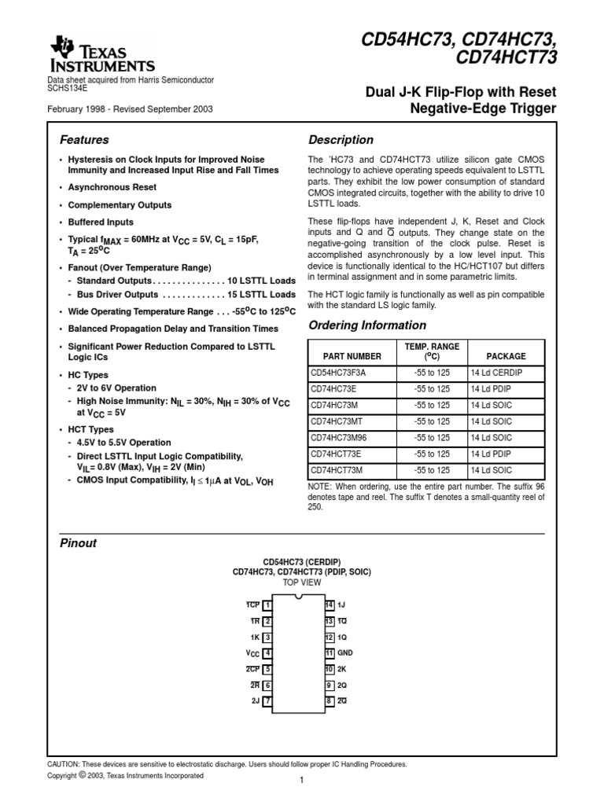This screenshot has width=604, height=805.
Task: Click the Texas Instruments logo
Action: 102,55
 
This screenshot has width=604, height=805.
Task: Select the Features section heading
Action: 84,140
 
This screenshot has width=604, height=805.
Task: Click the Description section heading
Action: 340,140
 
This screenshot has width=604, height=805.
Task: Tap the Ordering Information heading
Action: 366,325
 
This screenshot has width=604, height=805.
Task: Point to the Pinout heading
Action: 79,543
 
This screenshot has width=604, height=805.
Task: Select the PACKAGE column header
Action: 506,356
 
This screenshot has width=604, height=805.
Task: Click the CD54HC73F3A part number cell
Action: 338,373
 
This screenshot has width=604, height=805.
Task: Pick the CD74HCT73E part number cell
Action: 336,454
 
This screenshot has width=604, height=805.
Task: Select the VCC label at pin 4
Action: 252,653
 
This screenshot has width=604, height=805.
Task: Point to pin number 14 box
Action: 330,605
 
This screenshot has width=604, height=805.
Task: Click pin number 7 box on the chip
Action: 268,700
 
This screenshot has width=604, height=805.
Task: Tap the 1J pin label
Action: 342,605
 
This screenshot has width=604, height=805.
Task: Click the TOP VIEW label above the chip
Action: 301,583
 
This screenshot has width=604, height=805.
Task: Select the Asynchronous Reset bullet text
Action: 112,188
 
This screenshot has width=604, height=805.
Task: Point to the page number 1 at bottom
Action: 301,780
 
